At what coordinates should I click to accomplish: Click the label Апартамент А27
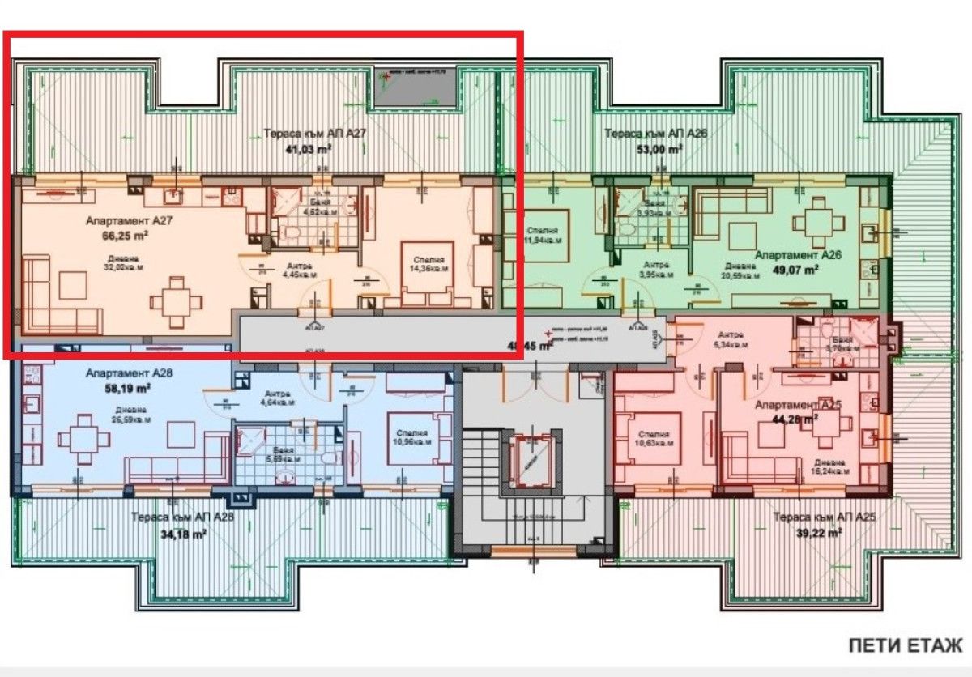click(130, 219)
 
